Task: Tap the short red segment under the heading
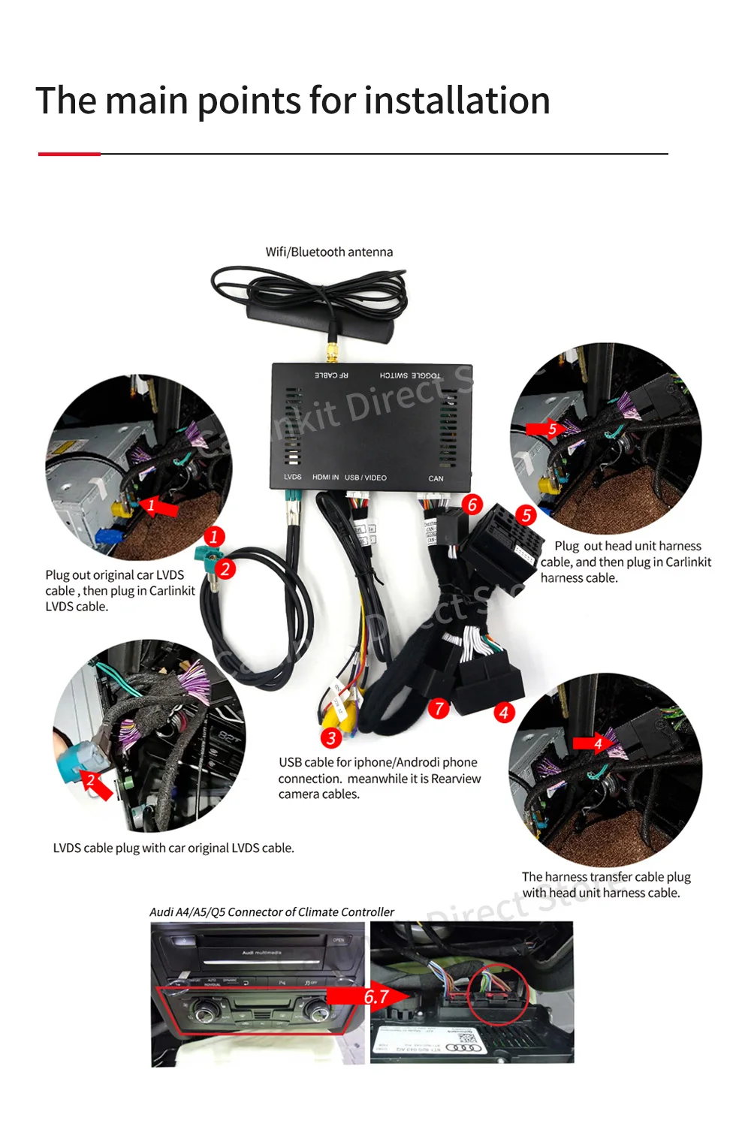pyautogui.click(x=69, y=154)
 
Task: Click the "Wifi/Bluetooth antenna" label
pyautogui.click(x=329, y=252)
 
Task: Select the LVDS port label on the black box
pyautogui.click(x=292, y=477)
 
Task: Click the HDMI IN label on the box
pyautogui.click(x=325, y=477)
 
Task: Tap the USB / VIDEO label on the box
pyautogui.click(x=366, y=478)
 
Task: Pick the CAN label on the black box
pyautogui.click(x=436, y=478)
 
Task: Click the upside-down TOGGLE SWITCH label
pyautogui.click(x=410, y=375)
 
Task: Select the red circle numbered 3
pyautogui.click(x=331, y=738)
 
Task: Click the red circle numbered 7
pyautogui.click(x=439, y=708)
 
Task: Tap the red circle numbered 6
pyautogui.click(x=472, y=504)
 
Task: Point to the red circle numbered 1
pyautogui.click(x=214, y=536)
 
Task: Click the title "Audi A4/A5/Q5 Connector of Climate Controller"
pyautogui.click(x=272, y=912)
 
